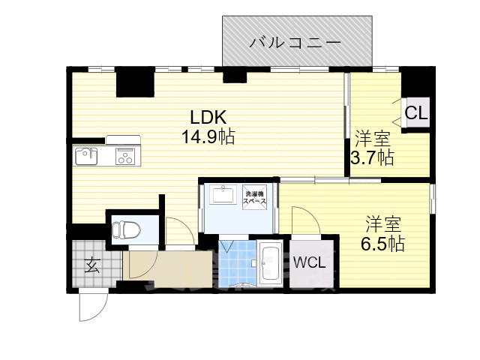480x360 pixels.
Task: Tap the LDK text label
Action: tap(208, 118)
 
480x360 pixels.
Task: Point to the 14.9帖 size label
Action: tap(208, 137)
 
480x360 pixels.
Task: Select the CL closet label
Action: tap(416, 114)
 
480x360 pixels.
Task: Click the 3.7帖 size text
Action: tap(373, 157)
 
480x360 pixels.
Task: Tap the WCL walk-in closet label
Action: tap(309, 263)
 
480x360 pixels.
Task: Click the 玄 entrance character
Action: tap(91, 265)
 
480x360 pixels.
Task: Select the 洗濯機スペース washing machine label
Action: tap(256, 196)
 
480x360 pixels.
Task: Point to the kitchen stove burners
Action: tap(124, 156)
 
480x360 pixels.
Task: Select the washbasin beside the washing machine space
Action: tap(223, 195)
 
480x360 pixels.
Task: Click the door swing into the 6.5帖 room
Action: tap(306, 220)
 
